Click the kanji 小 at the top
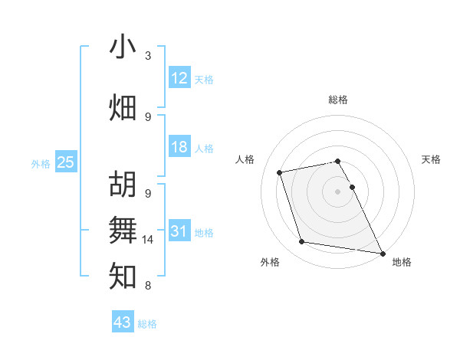coord(123,47)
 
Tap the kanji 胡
coord(123,185)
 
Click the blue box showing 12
coord(179,78)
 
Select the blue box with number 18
coord(179,147)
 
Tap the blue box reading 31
coord(179,231)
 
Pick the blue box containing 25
coord(65,162)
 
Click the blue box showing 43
coord(123,322)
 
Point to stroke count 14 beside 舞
coord(148,240)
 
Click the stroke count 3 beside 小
coord(148,56)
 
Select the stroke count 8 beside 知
coord(148,286)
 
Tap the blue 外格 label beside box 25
coord(41,163)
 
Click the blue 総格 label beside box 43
coord(147,324)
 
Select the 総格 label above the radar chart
coord(338,100)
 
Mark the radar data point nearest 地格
coord(381,252)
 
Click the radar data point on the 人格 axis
coord(280,172)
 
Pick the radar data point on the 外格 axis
coord(302,242)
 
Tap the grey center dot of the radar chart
coord(338,191)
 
